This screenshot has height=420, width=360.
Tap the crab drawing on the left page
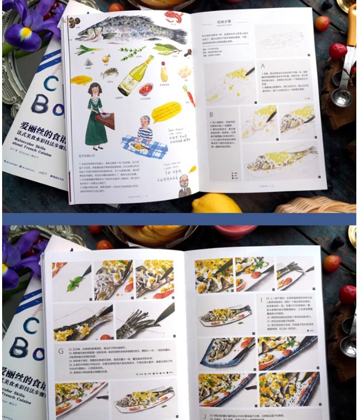pos(110,73)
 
